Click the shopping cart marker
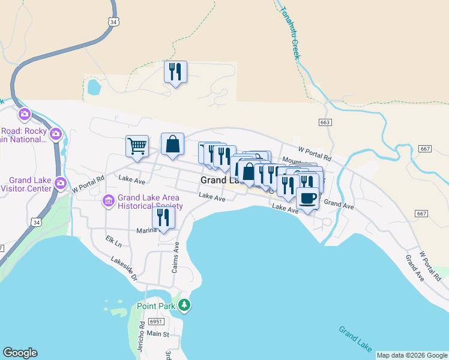(137, 145)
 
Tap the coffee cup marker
(307, 198)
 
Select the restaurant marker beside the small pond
(175, 72)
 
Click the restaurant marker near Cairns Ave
(163, 217)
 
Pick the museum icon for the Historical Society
(109, 200)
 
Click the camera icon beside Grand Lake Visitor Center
(60, 182)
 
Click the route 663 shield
(325, 122)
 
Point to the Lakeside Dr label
(124, 268)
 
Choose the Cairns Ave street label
(176, 257)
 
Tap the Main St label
(158, 334)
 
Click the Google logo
(20, 353)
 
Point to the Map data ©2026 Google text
(411, 355)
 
